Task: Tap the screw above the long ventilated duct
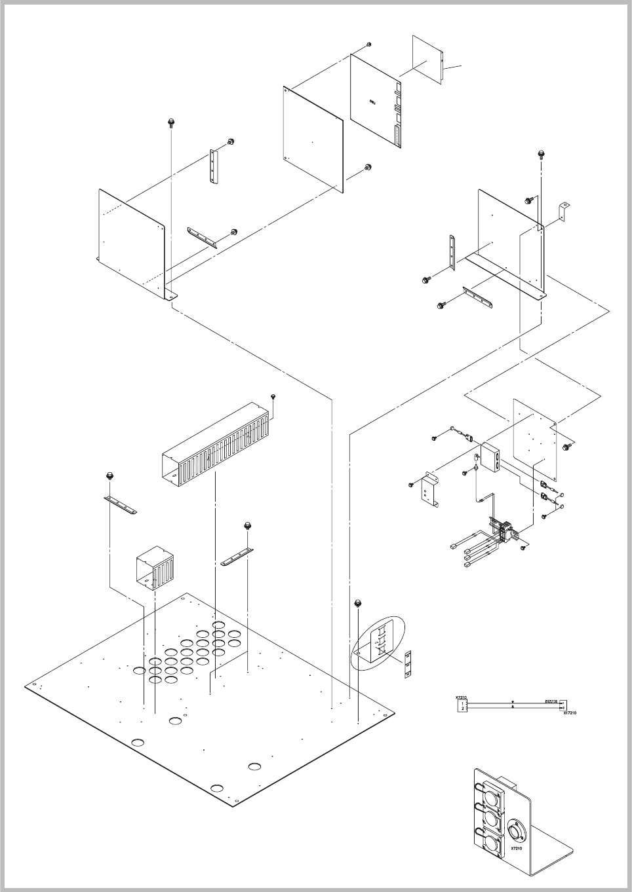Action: pyautogui.click(x=273, y=396)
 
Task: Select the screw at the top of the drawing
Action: pyautogui.click(x=369, y=45)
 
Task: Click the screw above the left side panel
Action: pyautogui.click(x=170, y=122)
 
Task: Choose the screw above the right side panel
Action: pyautogui.click(x=542, y=154)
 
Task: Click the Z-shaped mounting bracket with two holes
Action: pyautogui.click(x=429, y=488)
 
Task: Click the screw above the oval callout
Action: pyautogui.click(x=358, y=603)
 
